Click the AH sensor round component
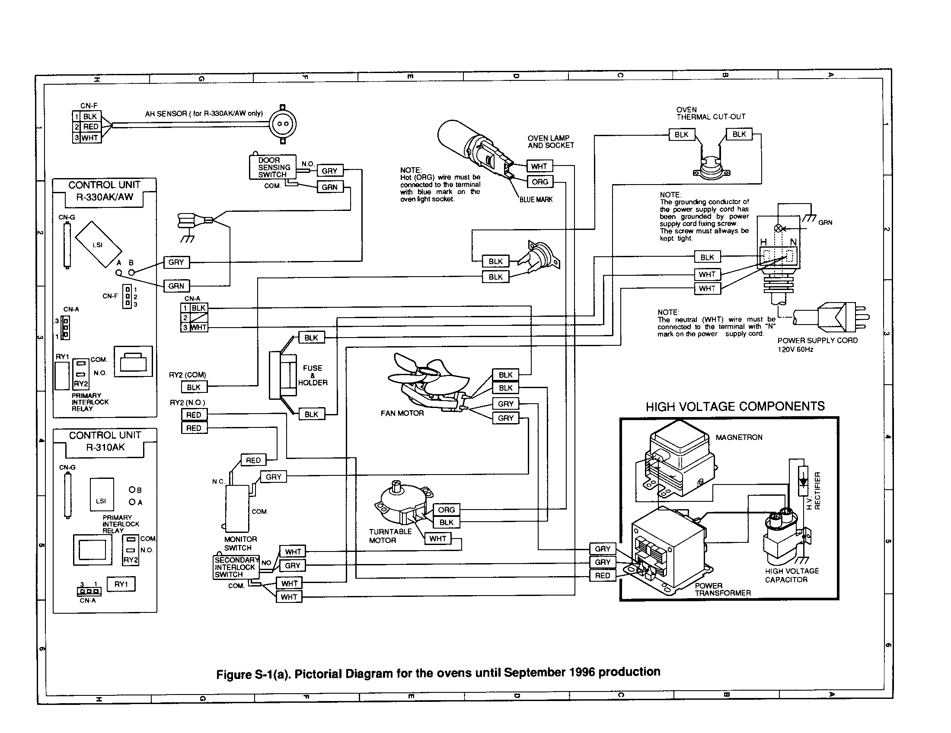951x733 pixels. tap(282, 124)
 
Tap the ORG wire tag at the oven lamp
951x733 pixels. tap(540, 182)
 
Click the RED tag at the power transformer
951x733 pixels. tap(603, 575)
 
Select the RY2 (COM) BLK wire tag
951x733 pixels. tap(194, 387)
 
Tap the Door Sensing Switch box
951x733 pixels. tap(273, 167)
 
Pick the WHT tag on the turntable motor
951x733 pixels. tap(437, 539)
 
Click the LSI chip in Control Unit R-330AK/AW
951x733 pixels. tap(98, 245)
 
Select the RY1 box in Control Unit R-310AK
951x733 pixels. tap(121, 584)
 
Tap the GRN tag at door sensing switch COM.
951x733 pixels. tap(330, 187)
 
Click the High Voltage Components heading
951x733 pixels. tap(735, 407)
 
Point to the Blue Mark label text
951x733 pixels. tap(536, 199)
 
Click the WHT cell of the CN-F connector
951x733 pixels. tap(90, 138)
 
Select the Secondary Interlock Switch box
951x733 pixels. tap(236, 567)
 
